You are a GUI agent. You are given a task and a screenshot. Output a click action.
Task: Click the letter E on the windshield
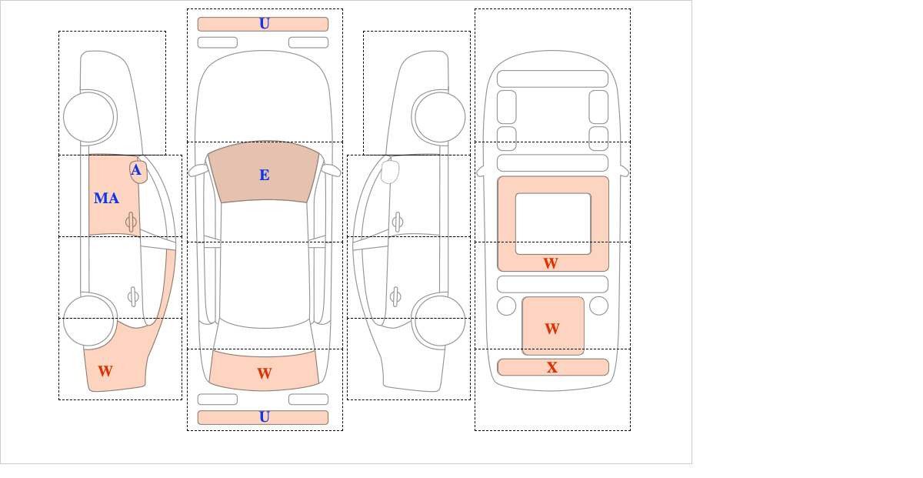pyautogui.click(x=265, y=175)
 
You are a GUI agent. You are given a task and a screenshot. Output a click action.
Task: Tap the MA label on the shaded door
pyautogui.click(x=106, y=199)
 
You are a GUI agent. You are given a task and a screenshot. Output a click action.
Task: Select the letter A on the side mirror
pyautogui.click(x=136, y=170)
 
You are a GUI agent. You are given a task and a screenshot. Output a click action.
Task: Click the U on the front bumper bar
pyautogui.click(x=265, y=24)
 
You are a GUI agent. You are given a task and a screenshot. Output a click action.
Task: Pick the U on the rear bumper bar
pyautogui.click(x=265, y=417)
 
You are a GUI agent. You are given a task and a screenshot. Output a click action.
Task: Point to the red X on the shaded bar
pyautogui.click(x=552, y=367)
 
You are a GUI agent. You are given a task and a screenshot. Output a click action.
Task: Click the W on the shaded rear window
pyautogui.click(x=265, y=373)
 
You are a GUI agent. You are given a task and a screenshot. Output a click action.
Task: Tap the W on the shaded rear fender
pyautogui.click(x=105, y=371)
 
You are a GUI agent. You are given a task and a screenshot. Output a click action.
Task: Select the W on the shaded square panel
pyautogui.click(x=552, y=329)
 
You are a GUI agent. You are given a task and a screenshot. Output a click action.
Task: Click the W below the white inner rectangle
pyautogui.click(x=551, y=263)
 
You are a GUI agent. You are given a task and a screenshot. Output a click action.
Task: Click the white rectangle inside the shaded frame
pyautogui.click(x=553, y=223)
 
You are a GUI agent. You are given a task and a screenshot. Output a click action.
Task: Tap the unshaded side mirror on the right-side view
pyautogui.click(x=390, y=172)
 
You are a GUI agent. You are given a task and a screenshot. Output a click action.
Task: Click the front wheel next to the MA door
pyautogui.click(x=88, y=117)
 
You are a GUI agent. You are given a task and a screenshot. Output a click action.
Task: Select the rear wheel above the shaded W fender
pyautogui.click(x=88, y=320)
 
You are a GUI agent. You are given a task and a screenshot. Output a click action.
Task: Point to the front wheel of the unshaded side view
pyautogui.click(x=440, y=117)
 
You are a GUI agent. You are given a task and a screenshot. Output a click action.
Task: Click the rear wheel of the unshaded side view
pyautogui.click(x=440, y=320)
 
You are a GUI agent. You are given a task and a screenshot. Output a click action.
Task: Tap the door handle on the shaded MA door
pyautogui.click(x=132, y=222)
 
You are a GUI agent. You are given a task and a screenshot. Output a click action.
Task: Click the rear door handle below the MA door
pyautogui.click(x=133, y=296)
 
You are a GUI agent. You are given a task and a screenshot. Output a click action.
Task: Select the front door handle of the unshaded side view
pyautogui.click(x=397, y=222)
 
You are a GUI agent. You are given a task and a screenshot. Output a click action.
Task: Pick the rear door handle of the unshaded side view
pyautogui.click(x=395, y=296)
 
